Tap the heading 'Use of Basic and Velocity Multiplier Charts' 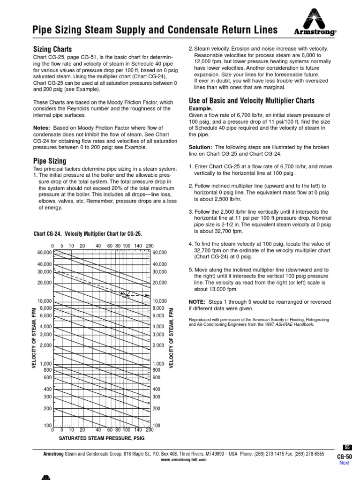pos(251,101)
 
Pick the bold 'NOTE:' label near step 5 pos(197,301)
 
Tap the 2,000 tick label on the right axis pos(159,345)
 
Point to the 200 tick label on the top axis pos(150,246)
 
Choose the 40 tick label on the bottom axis pos(98,429)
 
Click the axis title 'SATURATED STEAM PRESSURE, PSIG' pos(101,438)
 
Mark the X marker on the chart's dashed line pos(125,294)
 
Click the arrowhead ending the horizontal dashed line pos(147,296)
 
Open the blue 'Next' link pos(345,463)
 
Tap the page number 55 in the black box pos(347,447)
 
